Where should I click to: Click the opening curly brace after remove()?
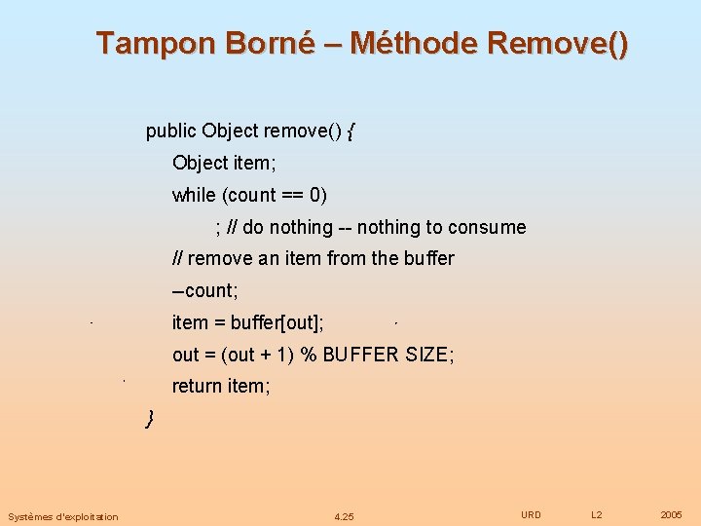click(x=350, y=131)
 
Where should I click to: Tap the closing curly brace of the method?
click(x=150, y=419)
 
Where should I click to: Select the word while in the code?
click(x=194, y=195)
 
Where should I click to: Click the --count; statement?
click(x=205, y=290)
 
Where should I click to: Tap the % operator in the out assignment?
click(x=309, y=355)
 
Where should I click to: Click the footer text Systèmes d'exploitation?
click(x=63, y=516)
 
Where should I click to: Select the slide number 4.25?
click(x=344, y=516)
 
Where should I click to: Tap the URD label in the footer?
click(x=531, y=514)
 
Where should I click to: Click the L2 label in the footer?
click(x=597, y=514)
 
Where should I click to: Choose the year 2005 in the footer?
click(x=671, y=514)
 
